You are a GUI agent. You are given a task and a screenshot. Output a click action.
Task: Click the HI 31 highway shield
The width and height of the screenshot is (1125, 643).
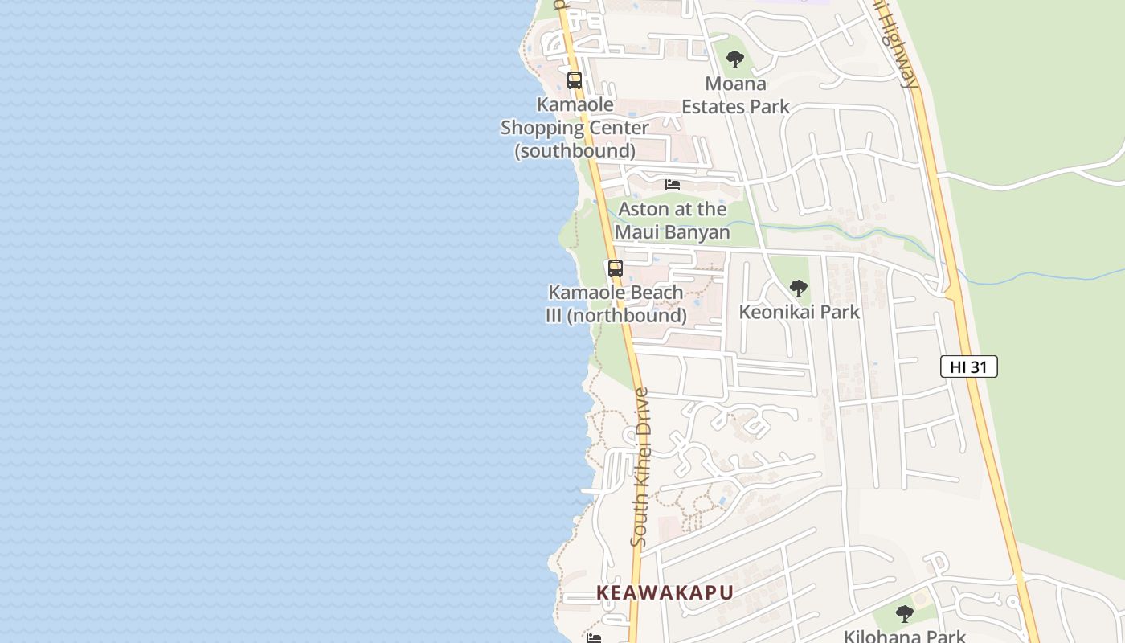968,367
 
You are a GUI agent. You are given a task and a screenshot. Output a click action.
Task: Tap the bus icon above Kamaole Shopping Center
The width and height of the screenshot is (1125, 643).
574,80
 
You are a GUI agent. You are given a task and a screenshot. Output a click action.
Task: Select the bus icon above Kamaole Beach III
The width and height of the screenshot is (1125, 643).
616,268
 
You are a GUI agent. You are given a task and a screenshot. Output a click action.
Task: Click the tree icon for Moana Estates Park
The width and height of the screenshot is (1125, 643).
734,59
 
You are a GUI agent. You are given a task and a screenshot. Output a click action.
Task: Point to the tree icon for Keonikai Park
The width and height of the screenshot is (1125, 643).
798,289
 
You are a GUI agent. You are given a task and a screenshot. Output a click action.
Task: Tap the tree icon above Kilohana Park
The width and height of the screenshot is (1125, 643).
905,614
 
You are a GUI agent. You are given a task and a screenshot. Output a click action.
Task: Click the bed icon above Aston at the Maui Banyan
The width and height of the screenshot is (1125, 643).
673,185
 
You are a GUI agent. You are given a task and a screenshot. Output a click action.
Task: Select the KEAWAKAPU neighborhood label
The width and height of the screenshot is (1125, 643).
665,592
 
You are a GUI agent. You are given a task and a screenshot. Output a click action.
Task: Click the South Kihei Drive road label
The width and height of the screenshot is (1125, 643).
640,467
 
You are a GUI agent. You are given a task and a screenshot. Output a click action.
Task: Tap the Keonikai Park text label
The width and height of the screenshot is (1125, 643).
799,312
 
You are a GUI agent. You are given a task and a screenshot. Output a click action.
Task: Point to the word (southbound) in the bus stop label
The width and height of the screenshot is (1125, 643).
575,150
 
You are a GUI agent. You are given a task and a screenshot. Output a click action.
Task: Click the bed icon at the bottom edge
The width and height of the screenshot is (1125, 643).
594,638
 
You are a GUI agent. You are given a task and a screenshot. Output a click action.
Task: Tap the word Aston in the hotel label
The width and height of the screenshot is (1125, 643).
644,209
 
